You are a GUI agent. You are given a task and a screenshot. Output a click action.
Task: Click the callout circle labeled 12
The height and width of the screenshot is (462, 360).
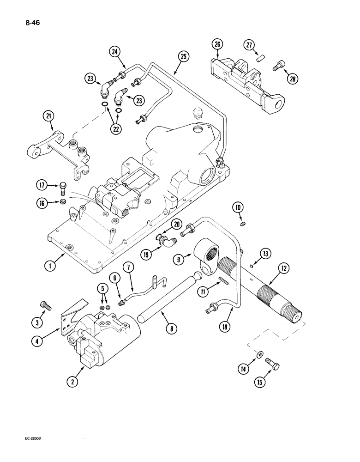pyautogui.click(x=283, y=267)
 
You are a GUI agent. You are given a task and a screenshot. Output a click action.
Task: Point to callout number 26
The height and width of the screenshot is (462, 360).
pyautogui.click(x=217, y=45)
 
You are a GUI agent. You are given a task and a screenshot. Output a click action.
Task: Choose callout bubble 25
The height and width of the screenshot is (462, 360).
pyautogui.click(x=183, y=58)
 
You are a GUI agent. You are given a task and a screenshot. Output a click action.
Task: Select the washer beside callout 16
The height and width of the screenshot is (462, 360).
pyautogui.click(x=63, y=201)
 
